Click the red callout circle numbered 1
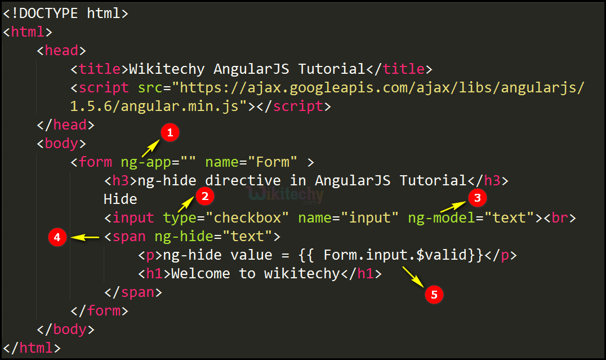(170, 132)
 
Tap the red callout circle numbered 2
(205, 197)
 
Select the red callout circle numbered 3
(477, 198)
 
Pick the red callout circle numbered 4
(57, 237)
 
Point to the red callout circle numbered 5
(434, 295)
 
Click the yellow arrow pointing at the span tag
(85, 237)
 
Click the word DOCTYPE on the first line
(48, 13)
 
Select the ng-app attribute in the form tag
(146, 162)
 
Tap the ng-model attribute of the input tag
(442, 218)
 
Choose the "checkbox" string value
(247, 217)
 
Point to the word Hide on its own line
(120, 199)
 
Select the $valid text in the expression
(442, 255)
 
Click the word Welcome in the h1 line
(200, 274)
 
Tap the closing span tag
(133, 292)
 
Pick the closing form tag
(99, 310)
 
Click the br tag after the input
(560, 217)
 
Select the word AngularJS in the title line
(251, 69)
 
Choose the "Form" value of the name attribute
(273, 162)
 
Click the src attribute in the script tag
(150, 88)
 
